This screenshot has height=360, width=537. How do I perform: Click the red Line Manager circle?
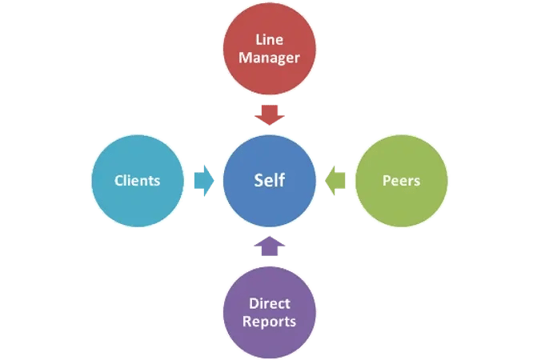coord(270,48)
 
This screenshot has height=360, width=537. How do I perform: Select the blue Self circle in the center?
coord(270,181)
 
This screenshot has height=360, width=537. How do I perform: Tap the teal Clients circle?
coord(138,181)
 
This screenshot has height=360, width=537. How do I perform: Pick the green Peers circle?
coord(402,181)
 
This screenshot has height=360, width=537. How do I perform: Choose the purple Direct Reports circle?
coord(270,313)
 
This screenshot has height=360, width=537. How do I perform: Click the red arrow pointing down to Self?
coord(270,115)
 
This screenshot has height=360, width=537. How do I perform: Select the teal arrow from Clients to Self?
coord(204,181)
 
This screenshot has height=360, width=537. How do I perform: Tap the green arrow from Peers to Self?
coord(335,181)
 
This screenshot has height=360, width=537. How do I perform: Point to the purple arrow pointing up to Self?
coord(270,246)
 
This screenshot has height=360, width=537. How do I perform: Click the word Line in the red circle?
coord(270,40)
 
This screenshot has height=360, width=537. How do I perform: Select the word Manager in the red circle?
coord(269,58)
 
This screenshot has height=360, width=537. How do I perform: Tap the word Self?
coord(270,180)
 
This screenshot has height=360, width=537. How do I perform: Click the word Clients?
coord(138,180)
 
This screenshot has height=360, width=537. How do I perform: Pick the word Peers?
coord(402,180)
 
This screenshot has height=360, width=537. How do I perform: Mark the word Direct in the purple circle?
coord(270,303)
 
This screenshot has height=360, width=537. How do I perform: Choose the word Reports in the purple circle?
coord(269,322)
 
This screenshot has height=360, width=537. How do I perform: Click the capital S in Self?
coord(259,181)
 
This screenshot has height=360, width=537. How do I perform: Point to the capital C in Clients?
coord(118,181)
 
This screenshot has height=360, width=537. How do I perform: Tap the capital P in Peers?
coord(387,181)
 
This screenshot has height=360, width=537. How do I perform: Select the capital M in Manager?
coord(246,58)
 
